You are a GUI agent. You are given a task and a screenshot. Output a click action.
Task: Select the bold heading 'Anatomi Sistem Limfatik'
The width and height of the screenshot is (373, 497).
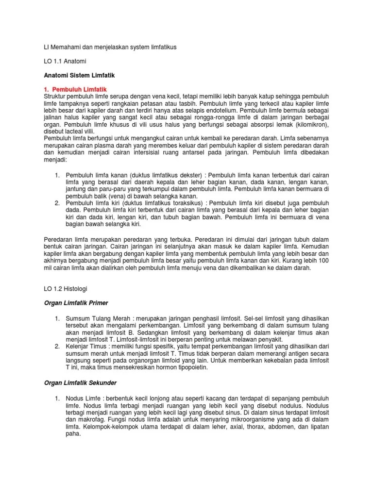(72, 76)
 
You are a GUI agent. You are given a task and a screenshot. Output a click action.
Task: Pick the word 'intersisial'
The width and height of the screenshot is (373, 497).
(138, 152)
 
